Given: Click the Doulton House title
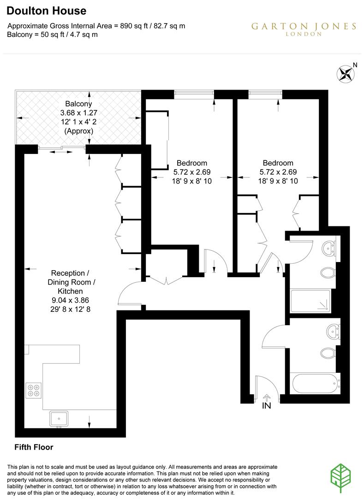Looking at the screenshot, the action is coord(47,11).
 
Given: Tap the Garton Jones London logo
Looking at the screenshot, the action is coord(304,29).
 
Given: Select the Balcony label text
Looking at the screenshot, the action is coord(78,104).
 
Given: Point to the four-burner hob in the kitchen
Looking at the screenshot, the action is coord(34,390).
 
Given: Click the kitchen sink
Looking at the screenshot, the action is coord(59,419).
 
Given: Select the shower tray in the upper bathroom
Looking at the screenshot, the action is coord(310,301).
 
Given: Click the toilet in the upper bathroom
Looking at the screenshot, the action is coord(328,273).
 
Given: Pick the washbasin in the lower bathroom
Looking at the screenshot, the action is coord(332,333).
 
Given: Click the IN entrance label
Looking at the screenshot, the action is coord(267,406).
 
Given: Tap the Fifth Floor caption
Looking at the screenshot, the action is coord(34,447).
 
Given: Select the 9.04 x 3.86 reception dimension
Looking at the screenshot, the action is coord(71,300).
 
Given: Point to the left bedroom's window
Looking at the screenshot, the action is coord(194,92).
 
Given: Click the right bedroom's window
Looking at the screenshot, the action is coord(266,92).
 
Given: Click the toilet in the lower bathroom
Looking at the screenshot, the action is coord(328,353).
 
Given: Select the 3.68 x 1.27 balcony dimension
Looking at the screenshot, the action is coord(78,113).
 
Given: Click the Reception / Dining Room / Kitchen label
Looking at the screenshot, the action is coord(71,282).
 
